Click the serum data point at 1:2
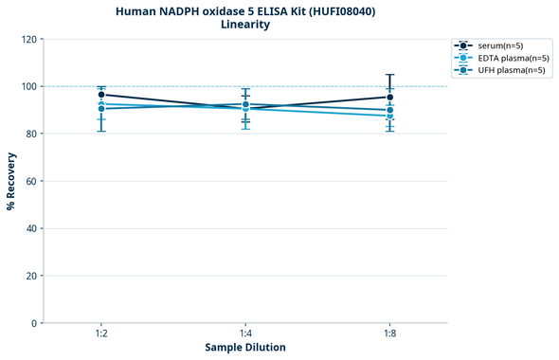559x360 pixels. (x=101, y=95)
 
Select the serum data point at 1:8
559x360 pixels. (x=389, y=97)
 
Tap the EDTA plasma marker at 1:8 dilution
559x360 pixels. (x=389, y=116)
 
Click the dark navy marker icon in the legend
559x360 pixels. (x=461, y=45)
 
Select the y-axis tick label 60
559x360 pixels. (x=31, y=181)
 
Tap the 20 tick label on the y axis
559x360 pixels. (x=31, y=276)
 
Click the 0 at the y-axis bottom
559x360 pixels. (x=34, y=323)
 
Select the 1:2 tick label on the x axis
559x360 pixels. (x=101, y=334)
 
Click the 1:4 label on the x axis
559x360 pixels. (x=245, y=334)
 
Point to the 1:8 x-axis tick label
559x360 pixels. (x=389, y=334)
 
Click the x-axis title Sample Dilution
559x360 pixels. (x=245, y=348)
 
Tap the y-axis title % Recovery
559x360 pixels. (x=11, y=181)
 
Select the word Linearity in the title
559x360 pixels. (x=245, y=25)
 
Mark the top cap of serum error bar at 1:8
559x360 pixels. (x=389, y=75)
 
